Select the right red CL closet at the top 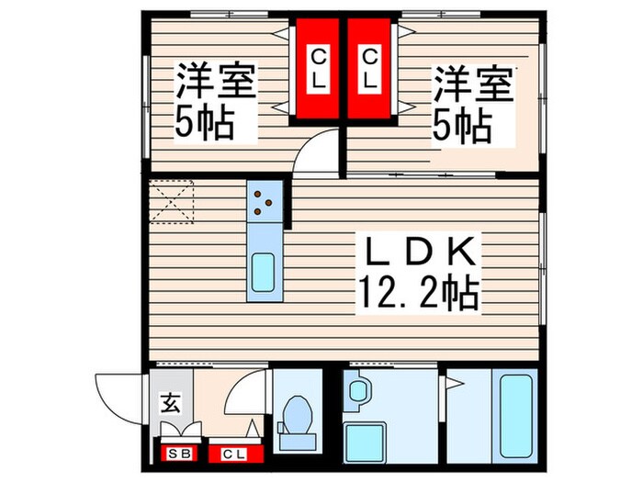369,70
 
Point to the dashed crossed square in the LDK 173,202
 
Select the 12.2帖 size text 422,294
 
